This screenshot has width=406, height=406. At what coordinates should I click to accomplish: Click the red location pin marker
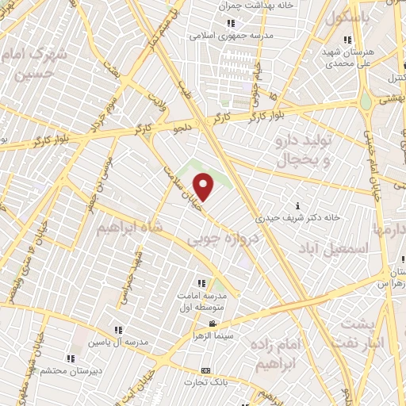click(x=204, y=187)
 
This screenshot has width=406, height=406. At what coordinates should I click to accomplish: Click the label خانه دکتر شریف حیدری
click(x=298, y=216)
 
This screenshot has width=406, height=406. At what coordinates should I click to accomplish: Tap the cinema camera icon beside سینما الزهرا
click(x=213, y=324)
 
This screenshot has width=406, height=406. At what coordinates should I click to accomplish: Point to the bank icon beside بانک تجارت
click(x=206, y=371)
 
